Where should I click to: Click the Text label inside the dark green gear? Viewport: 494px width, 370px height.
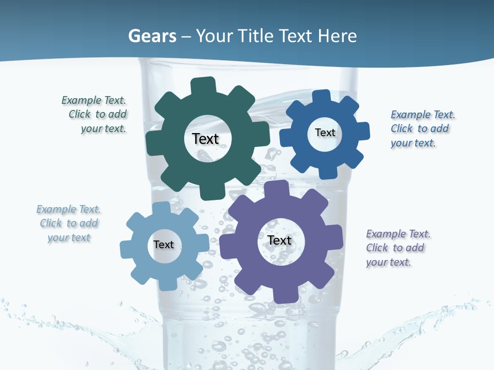tap(205, 139)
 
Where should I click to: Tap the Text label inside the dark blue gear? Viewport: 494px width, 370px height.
tap(325, 133)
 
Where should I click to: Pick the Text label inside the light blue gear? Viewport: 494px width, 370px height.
tap(163, 245)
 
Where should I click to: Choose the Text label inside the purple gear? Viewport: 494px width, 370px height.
tap(279, 240)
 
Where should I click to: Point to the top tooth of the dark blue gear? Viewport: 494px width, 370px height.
tap(321, 98)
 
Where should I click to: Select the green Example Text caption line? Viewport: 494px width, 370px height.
tap(94, 100)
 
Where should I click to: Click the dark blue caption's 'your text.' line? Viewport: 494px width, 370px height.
tap(413, 143)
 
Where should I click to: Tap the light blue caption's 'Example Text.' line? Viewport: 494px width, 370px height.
tap(68, 209)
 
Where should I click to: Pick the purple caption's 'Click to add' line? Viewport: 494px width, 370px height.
tap(395, 248)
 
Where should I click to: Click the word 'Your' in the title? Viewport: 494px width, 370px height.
tap(216, 36)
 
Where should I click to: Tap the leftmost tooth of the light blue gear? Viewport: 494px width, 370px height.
tap(127, 250)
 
